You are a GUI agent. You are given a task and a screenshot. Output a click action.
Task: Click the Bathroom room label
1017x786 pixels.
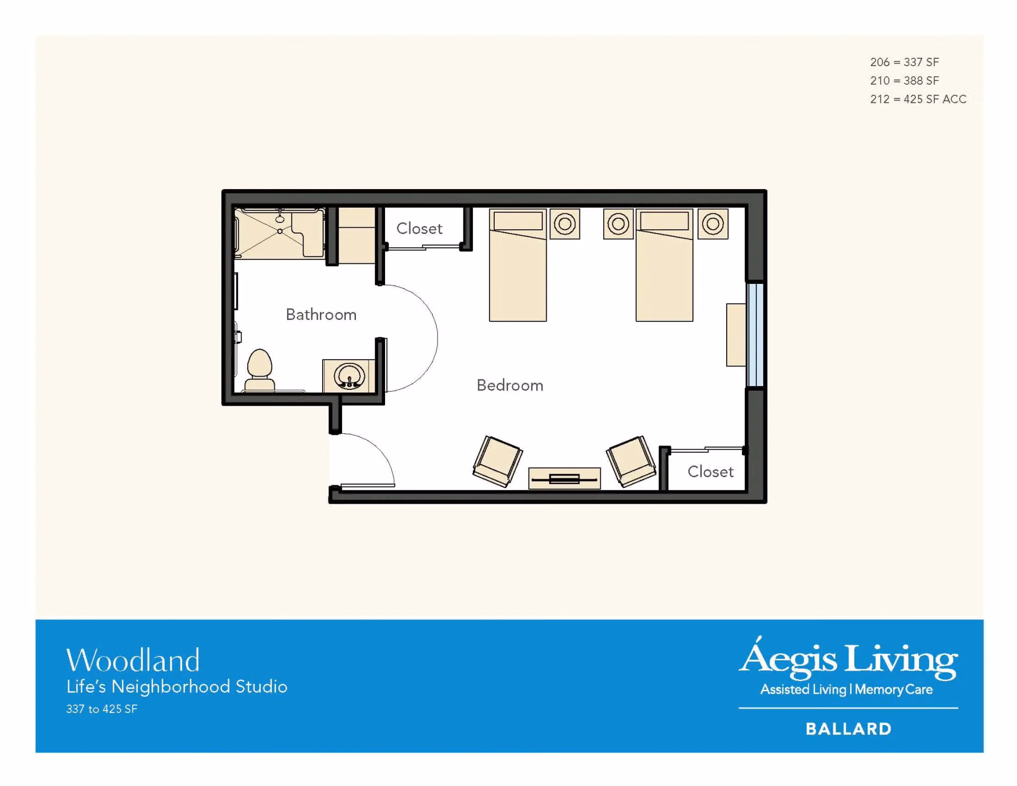click(x=321, y=315)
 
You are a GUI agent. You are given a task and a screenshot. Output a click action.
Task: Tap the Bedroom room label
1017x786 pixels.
click(x=510, y=385)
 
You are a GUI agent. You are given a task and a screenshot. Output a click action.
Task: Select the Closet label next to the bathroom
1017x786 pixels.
click(x=420, y=228)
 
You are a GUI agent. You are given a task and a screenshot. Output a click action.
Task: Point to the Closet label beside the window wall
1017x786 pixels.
click(x=710, y=471)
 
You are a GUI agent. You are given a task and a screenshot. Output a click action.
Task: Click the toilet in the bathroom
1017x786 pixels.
click(x=260, y=370)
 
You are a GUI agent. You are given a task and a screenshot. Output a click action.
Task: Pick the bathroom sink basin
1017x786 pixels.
click(x=349, y=376)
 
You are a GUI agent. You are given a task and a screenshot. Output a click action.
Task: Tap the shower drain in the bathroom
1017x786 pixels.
click(x=280, y=231)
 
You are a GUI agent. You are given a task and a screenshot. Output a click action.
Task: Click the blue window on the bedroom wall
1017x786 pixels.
click(x=755, y=335)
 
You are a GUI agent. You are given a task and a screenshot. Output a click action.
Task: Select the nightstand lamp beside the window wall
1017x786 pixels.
click(x=712, y=224)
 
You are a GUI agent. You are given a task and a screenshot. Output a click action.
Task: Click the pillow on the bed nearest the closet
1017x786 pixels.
click(x=518, y=221)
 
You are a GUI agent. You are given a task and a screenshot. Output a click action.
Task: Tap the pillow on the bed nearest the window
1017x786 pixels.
click(x=664, y=221)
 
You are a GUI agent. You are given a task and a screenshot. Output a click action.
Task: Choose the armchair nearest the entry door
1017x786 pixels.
click(x=497, y=461)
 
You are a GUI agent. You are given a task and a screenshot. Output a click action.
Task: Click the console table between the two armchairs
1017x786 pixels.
click(x=565, y=478)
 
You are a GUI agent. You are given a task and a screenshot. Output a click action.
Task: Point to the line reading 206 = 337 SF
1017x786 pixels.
click(x=904, y=62)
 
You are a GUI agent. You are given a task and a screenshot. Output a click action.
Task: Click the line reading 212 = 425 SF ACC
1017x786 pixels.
click(x=918, y=99)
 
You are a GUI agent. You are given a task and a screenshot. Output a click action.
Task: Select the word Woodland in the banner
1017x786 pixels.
click(x=133, y=660)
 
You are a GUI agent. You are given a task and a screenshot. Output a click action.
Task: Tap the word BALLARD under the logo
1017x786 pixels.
click(x=849, y=729)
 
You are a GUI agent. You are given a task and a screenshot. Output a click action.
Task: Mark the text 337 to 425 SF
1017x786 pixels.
click(x=102, y=709)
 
